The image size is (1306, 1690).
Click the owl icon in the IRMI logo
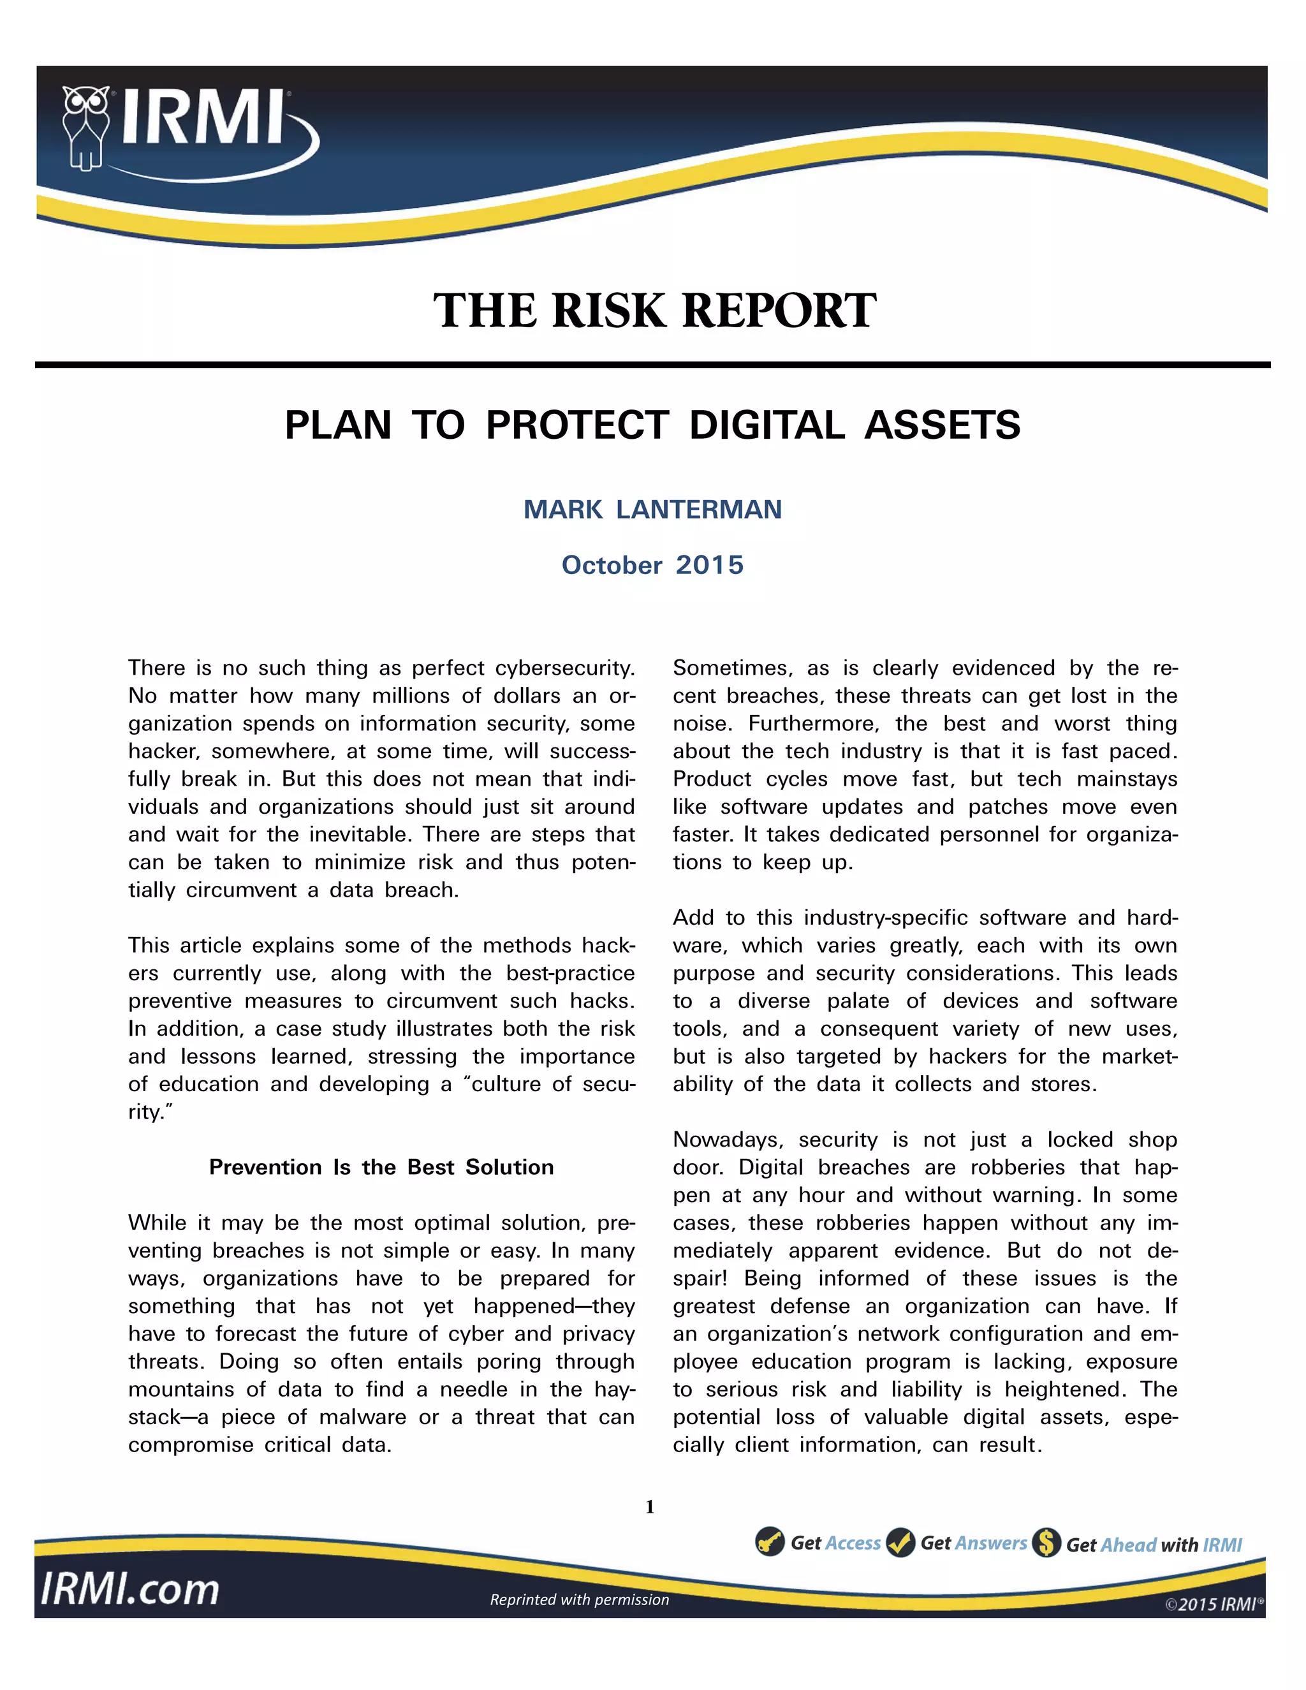[x=85, y=126]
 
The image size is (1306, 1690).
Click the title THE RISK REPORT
[x=654, y=311]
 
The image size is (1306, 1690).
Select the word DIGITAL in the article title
[x=766, y=425]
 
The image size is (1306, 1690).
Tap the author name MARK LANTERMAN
[x=652, y=509]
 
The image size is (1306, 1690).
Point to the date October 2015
[x=652, y=565]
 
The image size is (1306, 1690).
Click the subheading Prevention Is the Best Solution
[x=381, y=1167]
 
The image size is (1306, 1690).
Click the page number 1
[x=650, y=1506]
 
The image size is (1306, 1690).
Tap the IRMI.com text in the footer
[x=130, y=1589]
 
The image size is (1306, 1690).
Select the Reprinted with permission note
[x=580, y=1599]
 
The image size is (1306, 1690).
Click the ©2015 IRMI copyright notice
[x=1213, y=1604]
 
